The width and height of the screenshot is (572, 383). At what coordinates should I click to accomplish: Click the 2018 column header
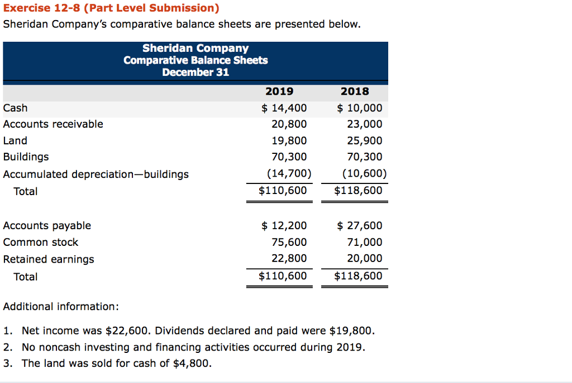[x=355, y=91]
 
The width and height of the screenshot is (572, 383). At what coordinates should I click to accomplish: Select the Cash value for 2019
[x=284, y=108]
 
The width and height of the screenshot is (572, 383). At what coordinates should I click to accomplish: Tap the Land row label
[x=15, y=140]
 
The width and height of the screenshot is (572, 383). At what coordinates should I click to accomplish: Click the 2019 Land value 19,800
[x=289, y=140]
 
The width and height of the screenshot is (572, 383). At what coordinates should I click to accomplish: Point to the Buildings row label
[x=26, y=157]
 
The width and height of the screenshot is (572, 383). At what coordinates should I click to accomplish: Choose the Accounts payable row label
[x=47, y=226]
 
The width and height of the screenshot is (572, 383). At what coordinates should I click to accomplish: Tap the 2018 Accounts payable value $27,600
[x=360, y=226]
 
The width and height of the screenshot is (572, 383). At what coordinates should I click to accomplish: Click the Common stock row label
[x=41, y=243]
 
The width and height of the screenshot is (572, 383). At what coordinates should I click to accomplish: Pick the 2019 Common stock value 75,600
[x=289, y=243]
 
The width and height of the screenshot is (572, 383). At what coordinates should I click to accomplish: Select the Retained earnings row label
[x=49, y=259]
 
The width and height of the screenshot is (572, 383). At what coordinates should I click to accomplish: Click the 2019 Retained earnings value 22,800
[x=289, y=259]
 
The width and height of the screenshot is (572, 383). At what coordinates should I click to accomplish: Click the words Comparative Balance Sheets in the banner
[x=196, y=60]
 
